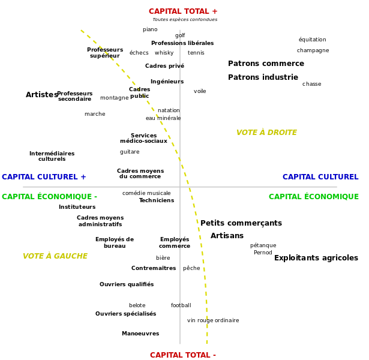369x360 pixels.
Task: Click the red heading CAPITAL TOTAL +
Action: coord(183,11)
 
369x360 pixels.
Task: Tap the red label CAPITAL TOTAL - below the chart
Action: coord(183,355)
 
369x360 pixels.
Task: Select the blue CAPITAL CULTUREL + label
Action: coord(44,177)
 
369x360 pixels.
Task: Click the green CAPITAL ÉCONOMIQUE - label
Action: coord(49,196)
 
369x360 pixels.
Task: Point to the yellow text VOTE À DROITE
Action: coord(266,132)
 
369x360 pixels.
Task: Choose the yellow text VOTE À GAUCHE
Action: coord(55,256)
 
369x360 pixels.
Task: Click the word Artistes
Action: coord(42,95)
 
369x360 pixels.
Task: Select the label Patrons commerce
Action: coord(266,63)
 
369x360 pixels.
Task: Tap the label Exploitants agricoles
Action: coord(316,258)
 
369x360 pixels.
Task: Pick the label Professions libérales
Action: coord(182,43)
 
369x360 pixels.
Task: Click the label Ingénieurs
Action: coord(167,82)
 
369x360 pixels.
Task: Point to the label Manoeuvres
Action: coord(140,334)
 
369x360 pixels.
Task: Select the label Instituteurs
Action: coord(77,207)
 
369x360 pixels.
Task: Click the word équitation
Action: coord(312,40)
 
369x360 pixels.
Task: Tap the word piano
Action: coord(150,29)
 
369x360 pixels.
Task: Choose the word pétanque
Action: coord(263,245)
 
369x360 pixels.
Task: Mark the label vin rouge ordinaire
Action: coord(213,320)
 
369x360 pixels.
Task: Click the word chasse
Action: coord(311,84)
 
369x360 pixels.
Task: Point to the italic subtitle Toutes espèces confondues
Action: coord(185,20)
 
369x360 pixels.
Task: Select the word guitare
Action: coord(130,152)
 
